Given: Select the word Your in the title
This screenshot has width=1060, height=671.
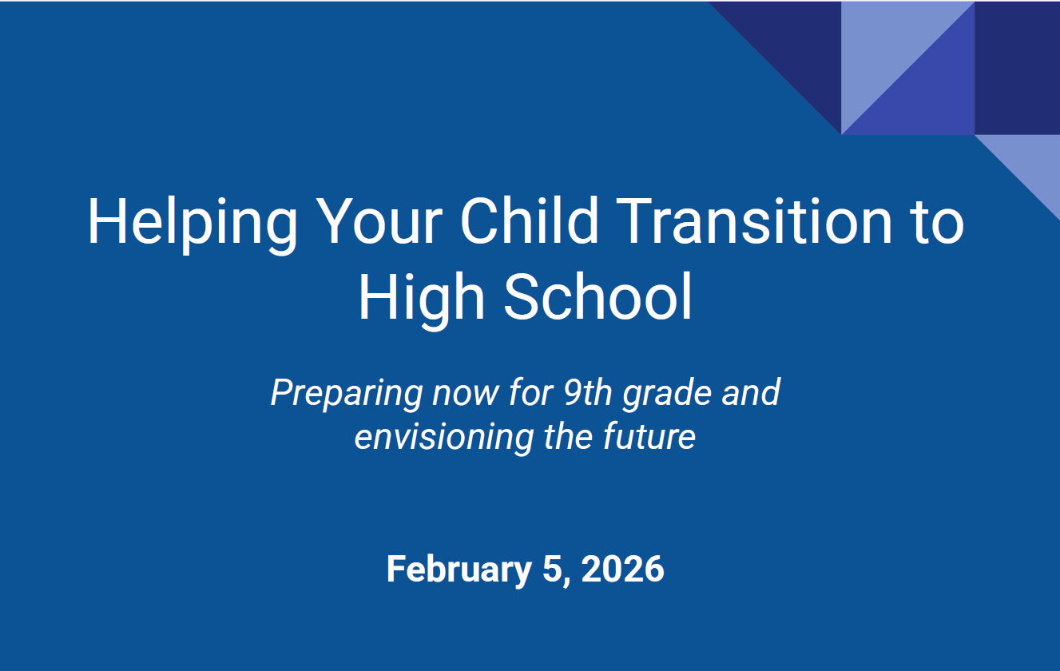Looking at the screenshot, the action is [x=379, y=220].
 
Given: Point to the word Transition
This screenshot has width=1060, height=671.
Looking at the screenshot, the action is [x=754, y=220].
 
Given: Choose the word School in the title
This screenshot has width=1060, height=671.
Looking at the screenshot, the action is [x=598, y=296].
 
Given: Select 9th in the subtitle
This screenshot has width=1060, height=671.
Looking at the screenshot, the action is [x=588, y=392].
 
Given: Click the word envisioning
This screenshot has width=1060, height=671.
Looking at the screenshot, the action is [x=444, y=437].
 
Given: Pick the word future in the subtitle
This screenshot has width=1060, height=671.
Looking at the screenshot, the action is [x=649, y=436].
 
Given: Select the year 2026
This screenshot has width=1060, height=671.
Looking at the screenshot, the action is [x=623, y=569].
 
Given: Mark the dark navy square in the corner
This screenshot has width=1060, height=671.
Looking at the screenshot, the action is [x=1017, y=68].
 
